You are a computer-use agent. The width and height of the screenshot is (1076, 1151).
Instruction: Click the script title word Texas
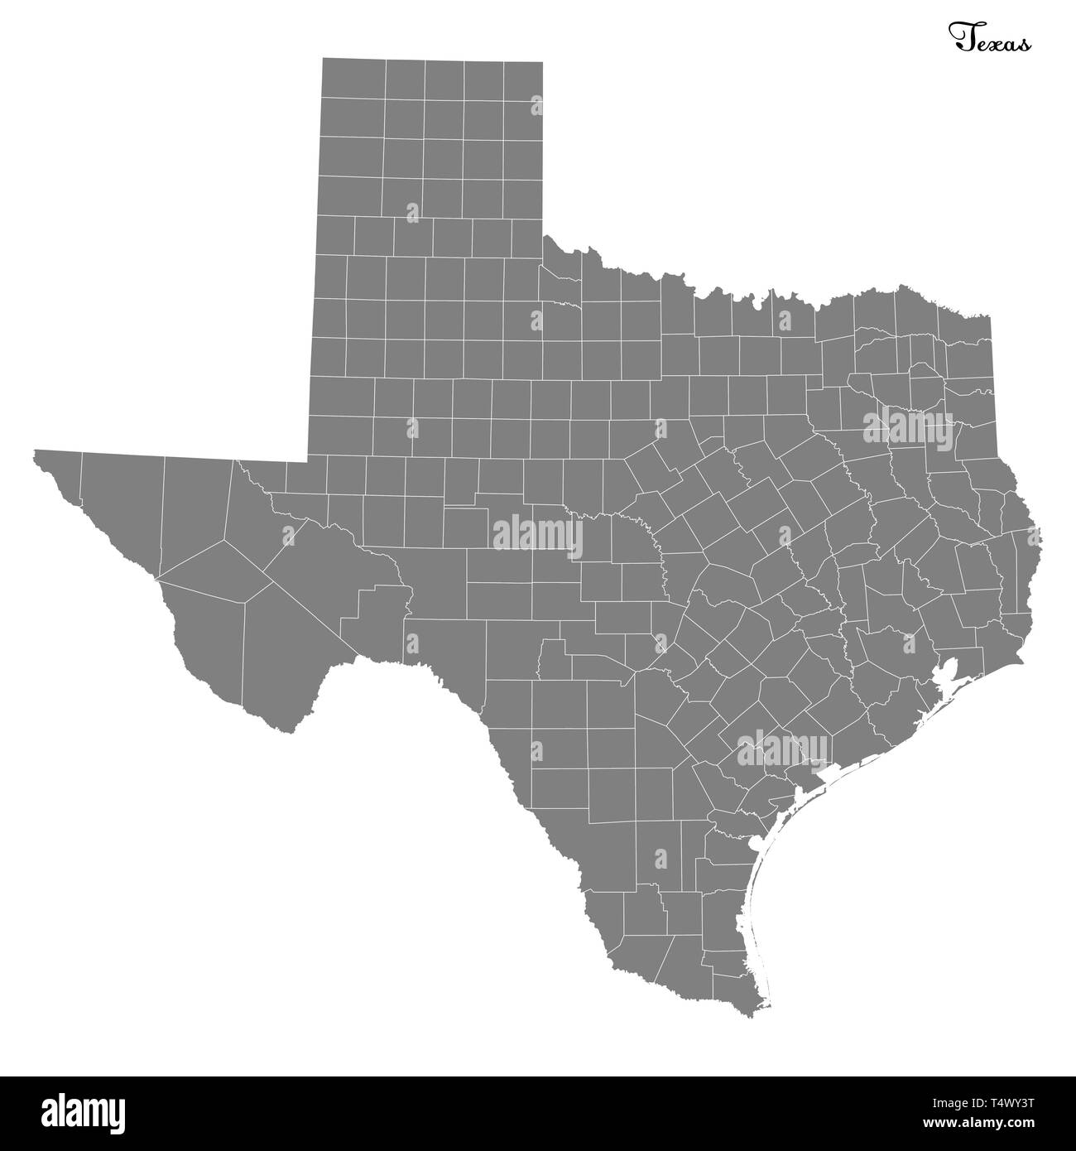tap(989, 39)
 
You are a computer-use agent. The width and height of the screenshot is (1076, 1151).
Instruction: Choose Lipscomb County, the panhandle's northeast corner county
tap(523, 79)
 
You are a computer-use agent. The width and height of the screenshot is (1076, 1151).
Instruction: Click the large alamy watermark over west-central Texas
tap(536, 535)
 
